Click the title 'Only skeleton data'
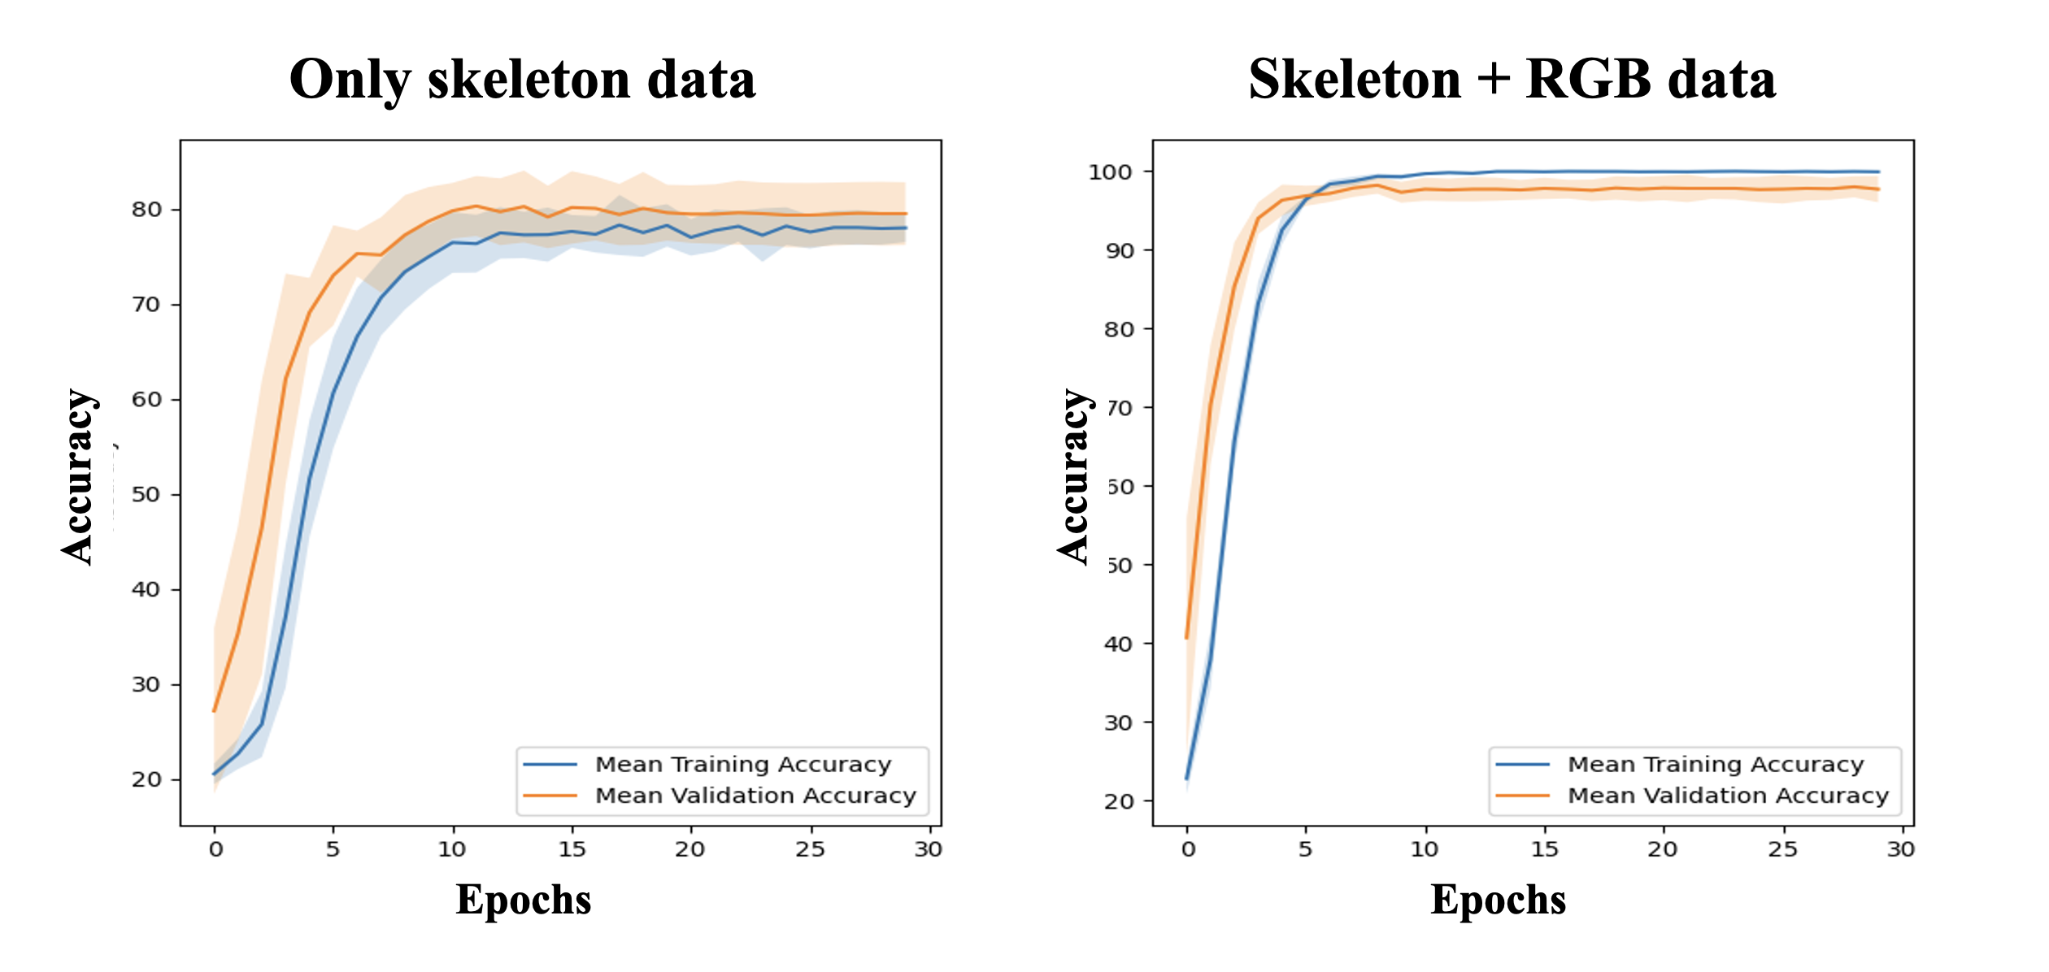click(x=522, y=80)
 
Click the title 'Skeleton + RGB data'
click(x=1512, y=80)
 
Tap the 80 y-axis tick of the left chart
click(x=146, y=210)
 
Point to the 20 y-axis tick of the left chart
click(x=146, y=779)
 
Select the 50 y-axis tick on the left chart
click(x=146, y=495)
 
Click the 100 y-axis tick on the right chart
click(x=1111, y=172)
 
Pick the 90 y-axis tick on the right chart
click(x=1119, y=251)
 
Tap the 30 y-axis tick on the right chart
click(x=1119, y=722)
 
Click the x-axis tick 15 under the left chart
click(x=572, y=849)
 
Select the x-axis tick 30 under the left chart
click(x=929, y=849)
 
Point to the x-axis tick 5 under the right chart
click(x=1305, y=849)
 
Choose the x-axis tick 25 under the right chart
click(x=1782, y=849)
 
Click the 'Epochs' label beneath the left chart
click(x=523, y=900)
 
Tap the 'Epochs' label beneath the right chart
click(x=1498, y=900)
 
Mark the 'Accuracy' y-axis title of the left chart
click(x=79, y=476)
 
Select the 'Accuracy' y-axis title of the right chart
click(x=1075, y=476)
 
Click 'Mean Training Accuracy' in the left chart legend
click(x=743, y=765)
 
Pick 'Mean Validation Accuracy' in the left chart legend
click(x=755, y=796)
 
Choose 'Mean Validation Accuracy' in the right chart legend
click(x=1728, y=796)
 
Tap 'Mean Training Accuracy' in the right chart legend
click(x=1716, y=765)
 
